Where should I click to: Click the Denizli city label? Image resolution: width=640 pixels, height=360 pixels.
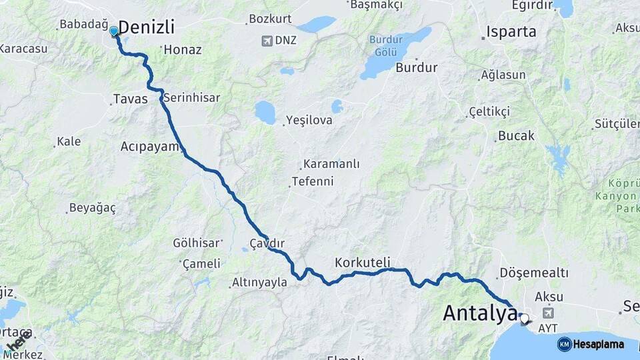[x=146, y=28]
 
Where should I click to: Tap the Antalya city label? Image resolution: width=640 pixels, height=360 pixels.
[x=479, y=313]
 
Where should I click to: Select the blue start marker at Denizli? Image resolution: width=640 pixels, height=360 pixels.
[x=114, y=31]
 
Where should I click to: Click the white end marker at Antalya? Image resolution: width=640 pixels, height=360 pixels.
[x=524, y=319]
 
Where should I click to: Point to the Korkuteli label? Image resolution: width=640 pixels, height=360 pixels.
[x=363, y=262]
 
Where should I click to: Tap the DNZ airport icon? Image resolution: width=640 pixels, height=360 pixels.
[x=267, y=41]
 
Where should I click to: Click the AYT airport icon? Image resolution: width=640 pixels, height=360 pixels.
[x=548, y=313]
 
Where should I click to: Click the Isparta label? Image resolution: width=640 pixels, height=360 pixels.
[x=511, y=31]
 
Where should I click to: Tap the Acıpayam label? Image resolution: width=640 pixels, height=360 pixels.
[x=150, y=146]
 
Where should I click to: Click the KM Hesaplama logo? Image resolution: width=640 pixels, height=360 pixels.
[x=591, y=344]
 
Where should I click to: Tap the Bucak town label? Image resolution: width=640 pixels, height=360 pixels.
[x=517, y=136]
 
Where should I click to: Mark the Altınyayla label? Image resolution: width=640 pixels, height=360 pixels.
[x=259, y=283]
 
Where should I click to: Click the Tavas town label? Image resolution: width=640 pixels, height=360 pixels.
[x=130, y=99]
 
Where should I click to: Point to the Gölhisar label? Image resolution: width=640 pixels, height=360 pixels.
[x=197, y=243]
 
